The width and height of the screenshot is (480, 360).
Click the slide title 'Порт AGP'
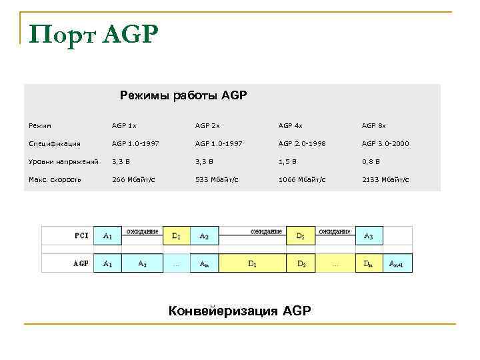click(94, 33)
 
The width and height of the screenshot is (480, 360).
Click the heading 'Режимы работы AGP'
click(183, 95)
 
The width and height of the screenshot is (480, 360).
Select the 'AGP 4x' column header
click(290, 125)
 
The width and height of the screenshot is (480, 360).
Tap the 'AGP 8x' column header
click(373, 125)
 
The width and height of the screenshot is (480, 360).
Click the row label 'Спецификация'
click(55, 143)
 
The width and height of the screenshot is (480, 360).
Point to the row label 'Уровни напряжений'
click(64, 161)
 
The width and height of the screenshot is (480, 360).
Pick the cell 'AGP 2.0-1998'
click(302, 143)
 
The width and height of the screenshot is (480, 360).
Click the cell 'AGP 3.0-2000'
click(385, 143)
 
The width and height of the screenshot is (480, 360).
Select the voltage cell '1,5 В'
click(288, 161)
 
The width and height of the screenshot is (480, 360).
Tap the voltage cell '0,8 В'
click(371, 161)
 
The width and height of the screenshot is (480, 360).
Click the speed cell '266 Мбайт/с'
click(133, 179)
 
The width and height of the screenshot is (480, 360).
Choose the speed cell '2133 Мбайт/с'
click(385, 179)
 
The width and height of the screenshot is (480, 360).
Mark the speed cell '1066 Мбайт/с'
click(302, 179)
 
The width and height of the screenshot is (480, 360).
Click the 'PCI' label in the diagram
click(81, 235)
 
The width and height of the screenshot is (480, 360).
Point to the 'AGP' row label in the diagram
click(81, 263)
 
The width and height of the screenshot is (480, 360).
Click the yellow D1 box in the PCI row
click(177, 236)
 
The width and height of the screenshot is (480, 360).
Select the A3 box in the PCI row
click(369, 236)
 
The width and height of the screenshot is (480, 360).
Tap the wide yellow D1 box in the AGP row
click(253, 263)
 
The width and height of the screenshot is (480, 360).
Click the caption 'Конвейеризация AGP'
click(239, 310)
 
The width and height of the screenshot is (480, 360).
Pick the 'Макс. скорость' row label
click(55, 179)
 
